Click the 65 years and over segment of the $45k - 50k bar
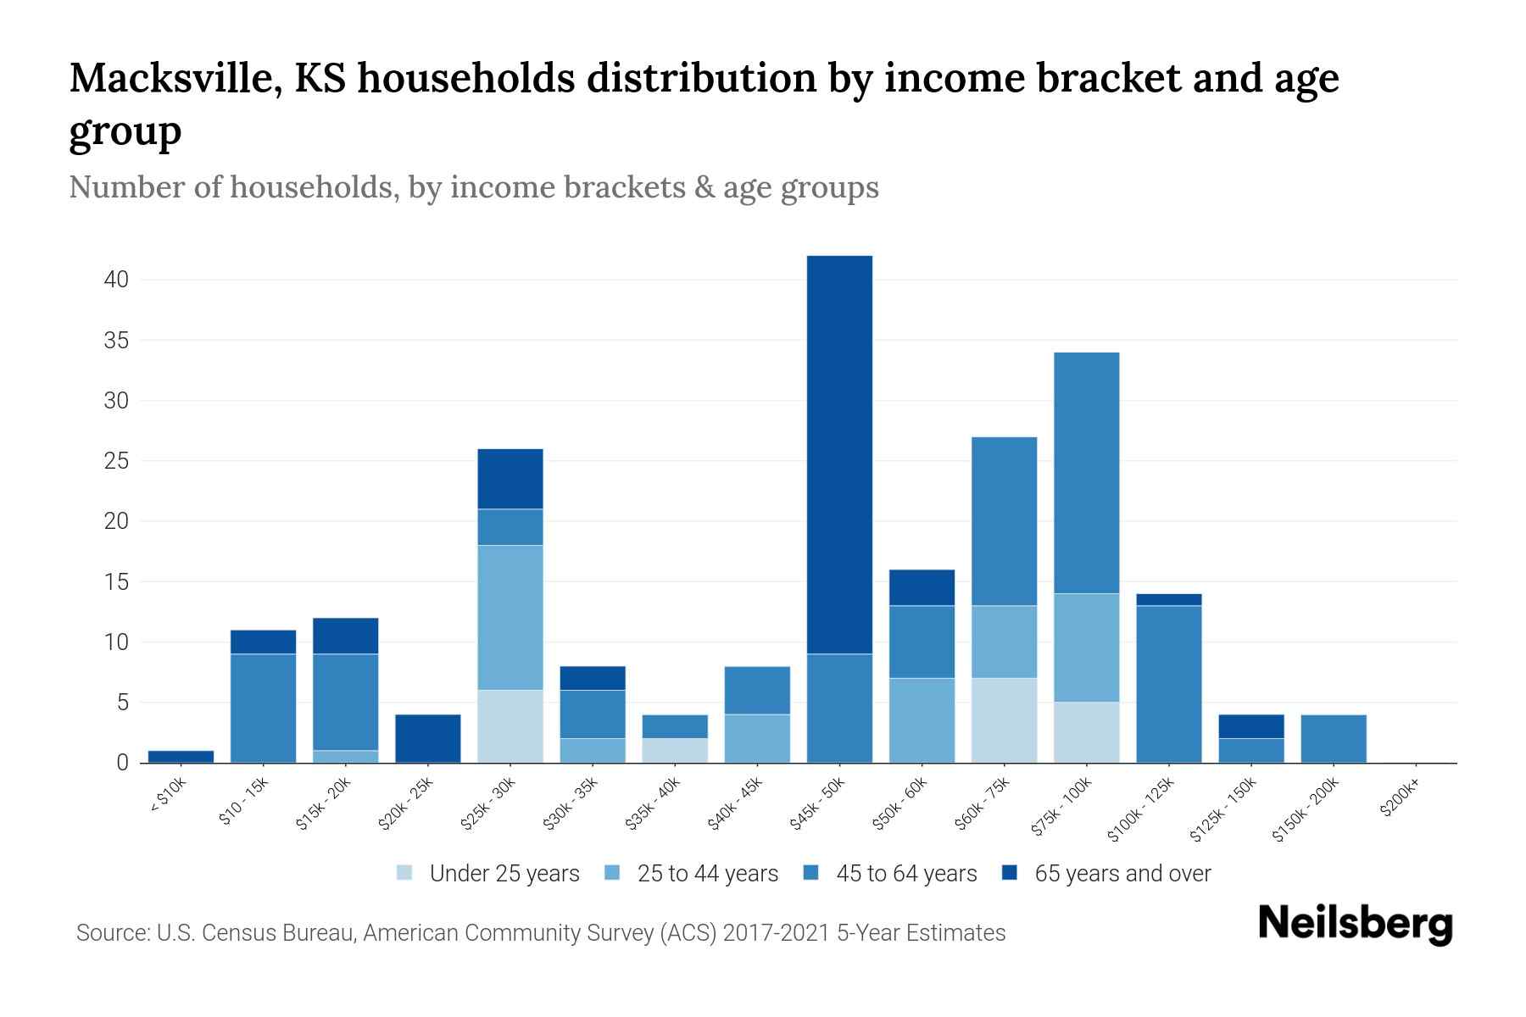(x=839, y=454)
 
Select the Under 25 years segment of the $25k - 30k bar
(x=510, y=726)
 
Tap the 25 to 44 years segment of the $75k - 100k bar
(x=1086, y=647)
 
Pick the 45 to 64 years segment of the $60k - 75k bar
(x=1004, y=521)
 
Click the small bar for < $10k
(x=181, y=757)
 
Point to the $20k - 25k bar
(x=428, y=739)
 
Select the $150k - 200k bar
(x=1333, y=739)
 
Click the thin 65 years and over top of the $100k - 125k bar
(x=1168, y=600)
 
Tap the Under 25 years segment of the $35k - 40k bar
(x=675, y=751)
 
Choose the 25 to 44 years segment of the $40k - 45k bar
(x=757, y=739)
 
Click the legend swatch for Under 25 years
(x=405, y=873)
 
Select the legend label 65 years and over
(x=1122, y=874)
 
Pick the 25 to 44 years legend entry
(x=707, y=874)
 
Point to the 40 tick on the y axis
(x=115, y=280)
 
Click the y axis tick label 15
(x=115, y=582)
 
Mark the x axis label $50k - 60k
(x=900, y=804)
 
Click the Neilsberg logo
(x=1356, y=924)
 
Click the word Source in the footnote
(x=111, y=933)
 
